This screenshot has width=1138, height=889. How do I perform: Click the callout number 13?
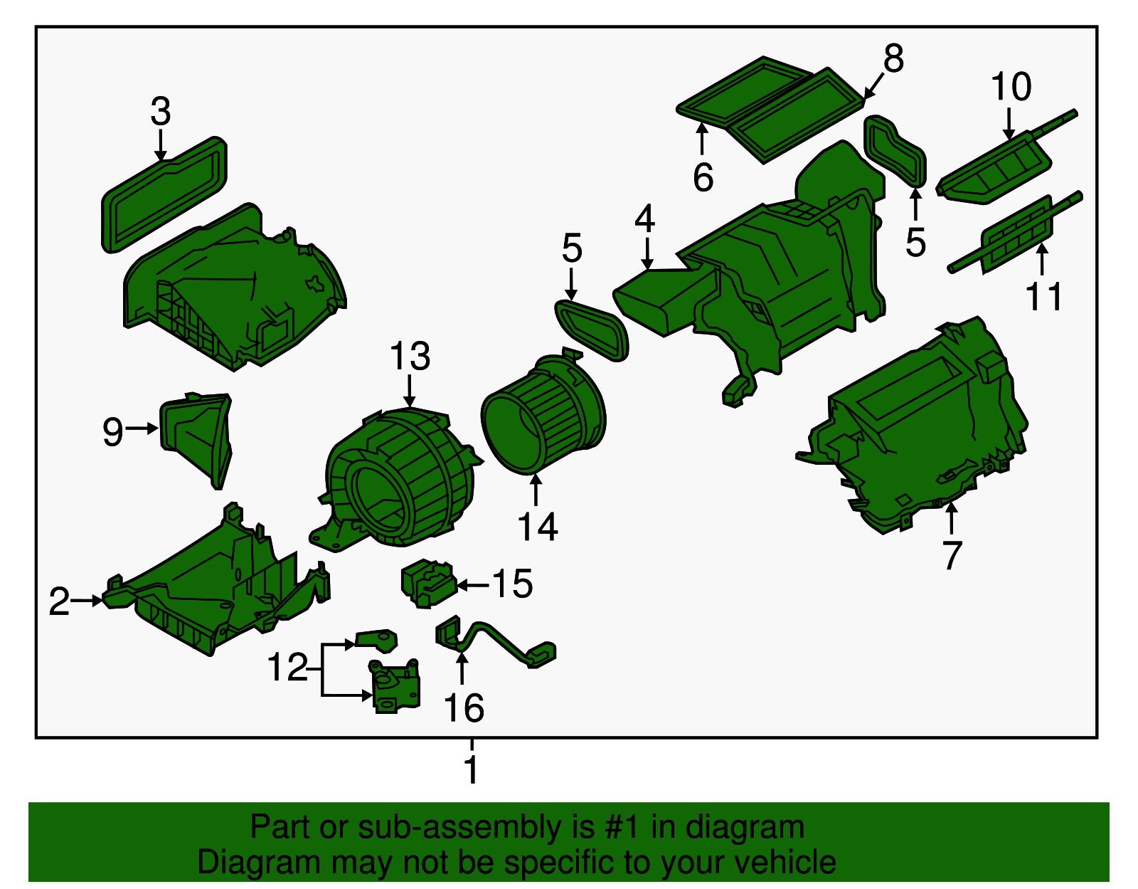pos(410,356)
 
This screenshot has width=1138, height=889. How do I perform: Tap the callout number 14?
pos(537,527)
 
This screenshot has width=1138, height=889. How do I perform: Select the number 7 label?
pos(952,555)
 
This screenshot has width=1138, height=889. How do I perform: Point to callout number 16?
pos(464,707)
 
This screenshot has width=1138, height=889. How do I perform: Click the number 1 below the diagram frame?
pos(472,769)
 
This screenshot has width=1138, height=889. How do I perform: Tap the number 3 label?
pos(160,111)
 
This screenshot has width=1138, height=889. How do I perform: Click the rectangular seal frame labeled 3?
pos(164,194)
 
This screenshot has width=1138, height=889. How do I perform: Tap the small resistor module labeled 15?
pos(429,583)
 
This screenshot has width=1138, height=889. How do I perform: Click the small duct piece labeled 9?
pos(196,439)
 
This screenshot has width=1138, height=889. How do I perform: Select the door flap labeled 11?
pos(1015,233)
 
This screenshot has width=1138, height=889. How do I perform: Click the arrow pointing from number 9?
pos(142,428)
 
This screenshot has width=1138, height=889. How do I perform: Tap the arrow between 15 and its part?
pos(474,584)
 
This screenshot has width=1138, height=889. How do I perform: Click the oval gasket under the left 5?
pos(591,330)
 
